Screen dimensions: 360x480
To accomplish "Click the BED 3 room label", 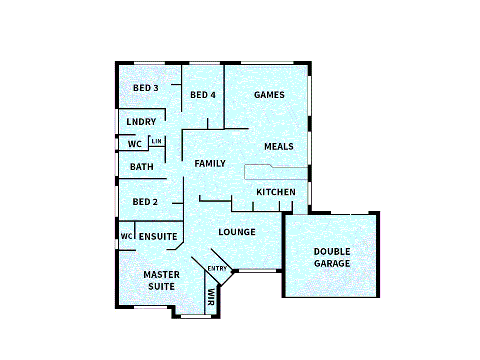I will tap(146, 88).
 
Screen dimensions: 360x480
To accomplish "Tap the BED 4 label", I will tap(203, 95).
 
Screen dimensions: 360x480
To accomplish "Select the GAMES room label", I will tap(269, 95).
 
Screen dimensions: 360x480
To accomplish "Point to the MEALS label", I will tap(279, 147).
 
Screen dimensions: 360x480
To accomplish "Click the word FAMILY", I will tap(210, 164).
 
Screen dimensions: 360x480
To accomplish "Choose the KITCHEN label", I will tap(276, 192).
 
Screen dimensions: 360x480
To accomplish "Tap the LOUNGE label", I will tap(237, 232).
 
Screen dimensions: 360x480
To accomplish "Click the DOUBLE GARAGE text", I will tap(332, 258).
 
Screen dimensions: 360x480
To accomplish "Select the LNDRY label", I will tap(141, 122).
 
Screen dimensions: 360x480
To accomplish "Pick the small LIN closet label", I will tap(157, 141).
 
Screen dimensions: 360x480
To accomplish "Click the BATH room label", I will tap(142, 167).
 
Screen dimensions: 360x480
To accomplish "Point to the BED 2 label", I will tap(145, 202).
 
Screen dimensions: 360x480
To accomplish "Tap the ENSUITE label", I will tap(158, 237).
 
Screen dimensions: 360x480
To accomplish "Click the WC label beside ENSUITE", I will tap(127, 236).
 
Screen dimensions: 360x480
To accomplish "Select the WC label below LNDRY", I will tap(135, 144).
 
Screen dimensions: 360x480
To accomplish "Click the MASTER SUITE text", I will tap(162, 281).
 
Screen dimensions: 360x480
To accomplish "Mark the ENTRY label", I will tap(217, 269).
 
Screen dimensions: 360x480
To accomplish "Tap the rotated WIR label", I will tap(211, 297).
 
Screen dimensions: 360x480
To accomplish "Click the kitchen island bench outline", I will tap(276, 173).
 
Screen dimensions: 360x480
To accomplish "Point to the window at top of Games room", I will tap(267, 63).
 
